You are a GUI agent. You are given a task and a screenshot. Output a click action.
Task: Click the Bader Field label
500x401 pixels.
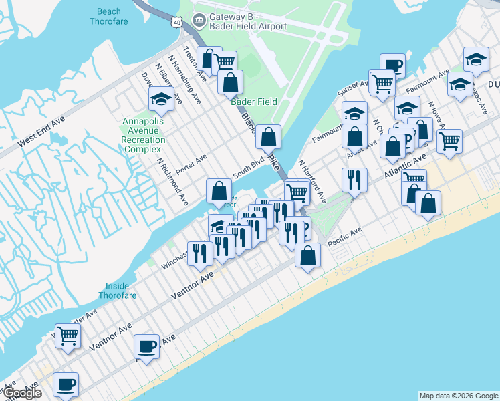click(254, 102)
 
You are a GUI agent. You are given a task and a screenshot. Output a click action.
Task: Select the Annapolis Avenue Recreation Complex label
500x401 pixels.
click(144, 134)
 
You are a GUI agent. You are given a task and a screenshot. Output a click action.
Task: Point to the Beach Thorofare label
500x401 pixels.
click(109, 16)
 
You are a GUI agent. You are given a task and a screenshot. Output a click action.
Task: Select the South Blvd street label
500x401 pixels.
click(249, 169)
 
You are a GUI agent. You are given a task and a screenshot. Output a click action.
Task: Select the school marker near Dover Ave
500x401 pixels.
click(162, 100)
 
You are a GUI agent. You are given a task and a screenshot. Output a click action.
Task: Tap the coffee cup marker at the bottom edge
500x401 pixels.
click(66, 384)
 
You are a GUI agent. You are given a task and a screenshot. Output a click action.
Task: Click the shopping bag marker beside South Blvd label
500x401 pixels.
click(219, 192)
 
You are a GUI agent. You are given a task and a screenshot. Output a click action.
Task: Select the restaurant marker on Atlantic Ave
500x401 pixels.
click(354, 180)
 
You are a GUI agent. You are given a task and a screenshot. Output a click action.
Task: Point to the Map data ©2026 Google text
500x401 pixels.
click(458, 396)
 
